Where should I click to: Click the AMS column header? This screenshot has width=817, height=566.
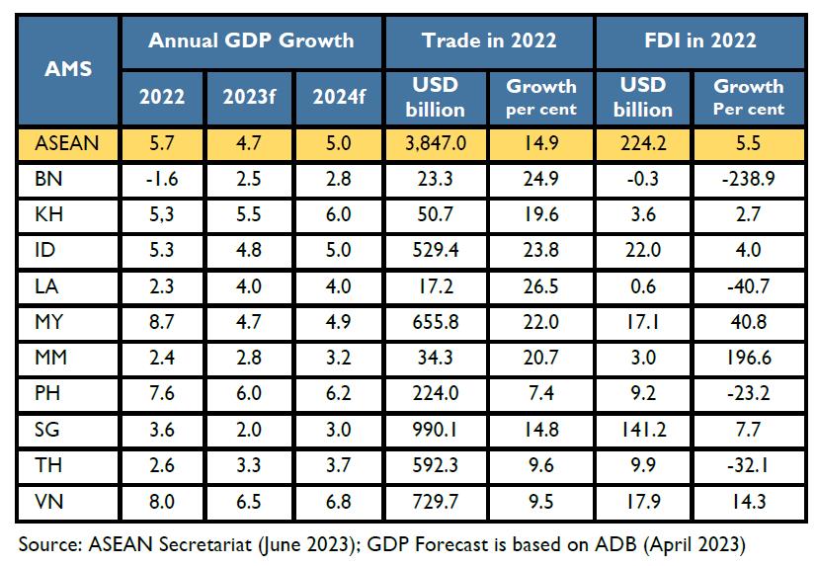67,70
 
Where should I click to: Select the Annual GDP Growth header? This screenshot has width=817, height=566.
250,40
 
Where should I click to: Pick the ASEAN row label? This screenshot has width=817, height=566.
67,144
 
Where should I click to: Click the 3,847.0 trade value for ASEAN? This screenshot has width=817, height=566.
436,144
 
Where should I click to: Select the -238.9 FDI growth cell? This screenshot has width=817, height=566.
748,178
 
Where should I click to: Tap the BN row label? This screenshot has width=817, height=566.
46,178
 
